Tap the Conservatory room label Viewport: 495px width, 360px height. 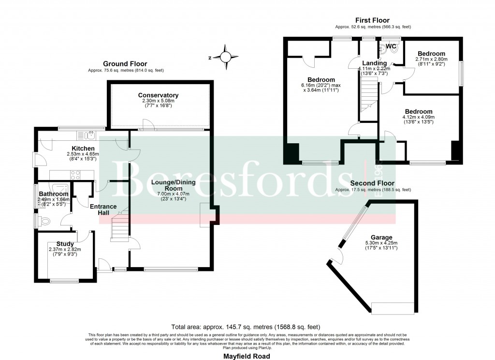pyautogui.click(x=158, y=95)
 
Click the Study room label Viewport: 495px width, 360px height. pyautogui.click(x=65, y=244)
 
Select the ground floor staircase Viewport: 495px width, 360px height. pyautogui.click(x=119, y=228)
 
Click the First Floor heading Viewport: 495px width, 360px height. pyautogui.click(x=372, y=20)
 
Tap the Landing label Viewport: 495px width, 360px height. pyautogui.click(x=375, y=63)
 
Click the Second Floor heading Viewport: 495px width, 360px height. pyautogui.click(x=373, y=183)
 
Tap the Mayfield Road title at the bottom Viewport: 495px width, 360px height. pyautogui.click(x=247, y=356)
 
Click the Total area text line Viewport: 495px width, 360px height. pyautogui.click(x=246, y=327)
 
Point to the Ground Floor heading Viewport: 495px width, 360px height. pyautogui.click(x=125, y=64)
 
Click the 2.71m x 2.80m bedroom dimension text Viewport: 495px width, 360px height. pyautogui.click(x=432, y=60)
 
